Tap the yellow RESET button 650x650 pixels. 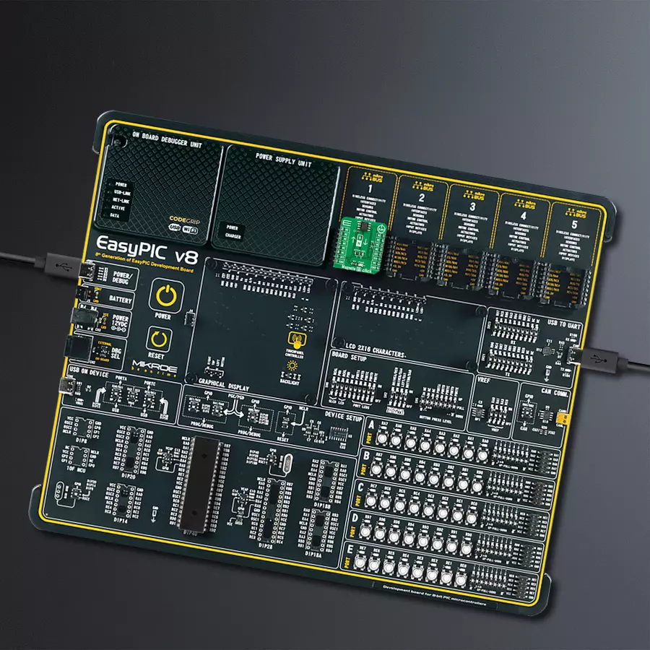(157, 338)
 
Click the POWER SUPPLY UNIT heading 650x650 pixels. (284, 160)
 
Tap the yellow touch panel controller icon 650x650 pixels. (295, 339)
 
